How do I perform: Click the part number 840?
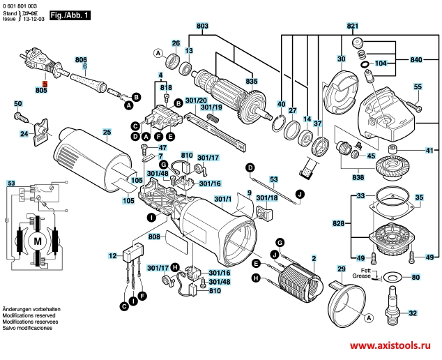tap(416, 60)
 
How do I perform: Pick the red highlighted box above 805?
tap(41, 84)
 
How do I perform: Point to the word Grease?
tap(361, 276)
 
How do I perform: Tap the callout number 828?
tap(337, 223)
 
